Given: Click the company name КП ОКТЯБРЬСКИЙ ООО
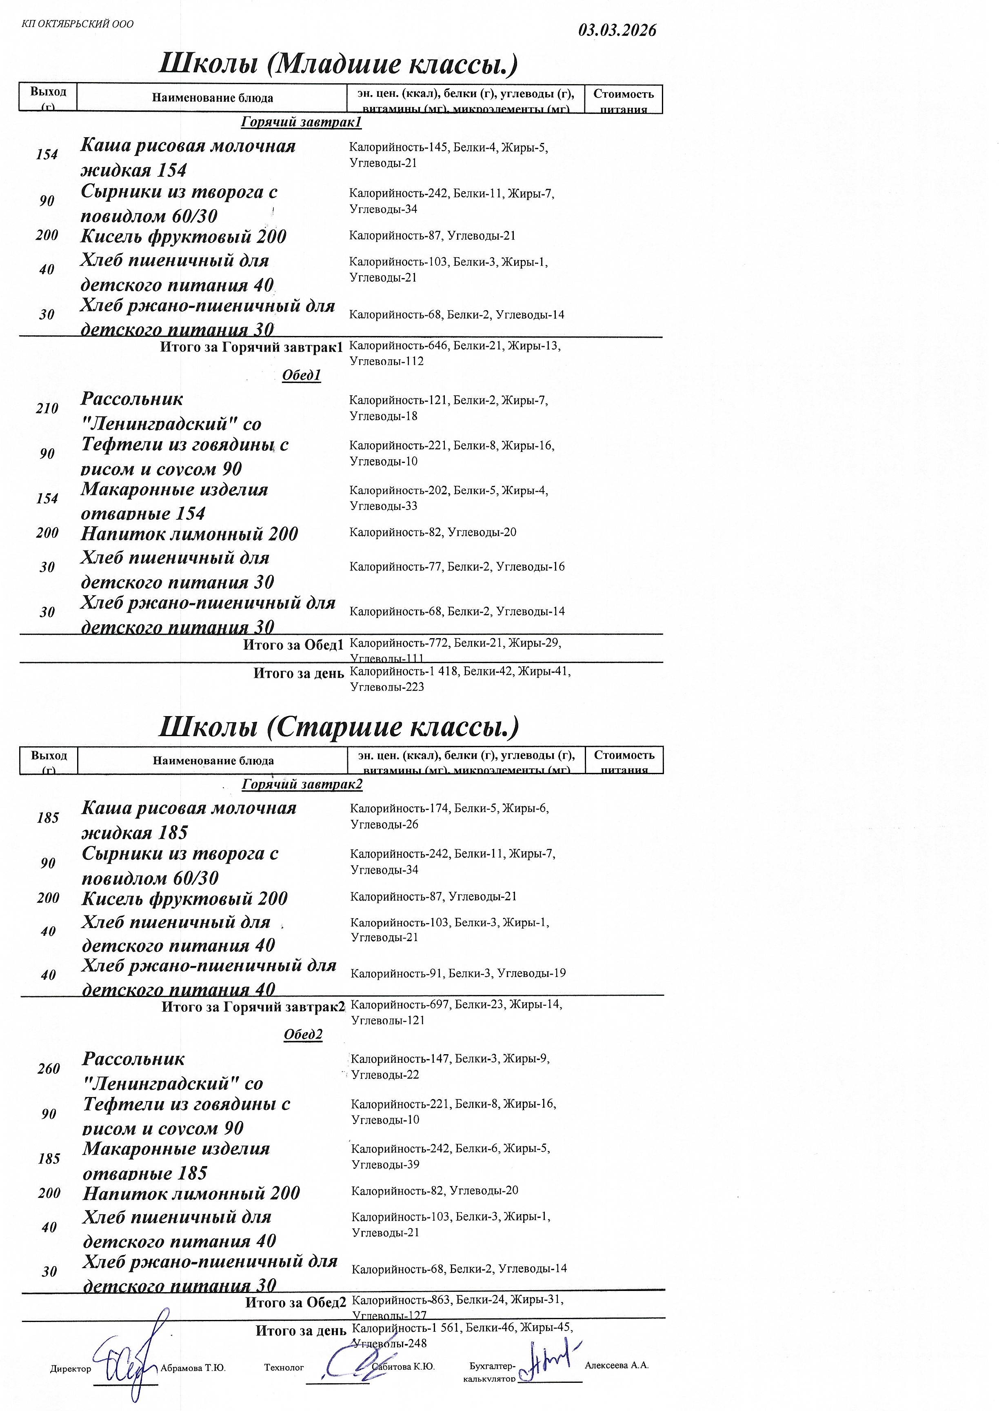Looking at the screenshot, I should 78,24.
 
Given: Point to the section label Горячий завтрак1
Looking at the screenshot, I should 301,122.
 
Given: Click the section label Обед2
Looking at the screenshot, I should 303,1035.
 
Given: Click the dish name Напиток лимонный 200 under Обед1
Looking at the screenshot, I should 189,534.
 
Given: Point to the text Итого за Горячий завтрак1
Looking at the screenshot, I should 251,347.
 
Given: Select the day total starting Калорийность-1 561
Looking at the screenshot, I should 462,1335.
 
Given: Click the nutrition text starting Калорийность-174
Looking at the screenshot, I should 449,816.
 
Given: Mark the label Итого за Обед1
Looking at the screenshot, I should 293,645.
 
